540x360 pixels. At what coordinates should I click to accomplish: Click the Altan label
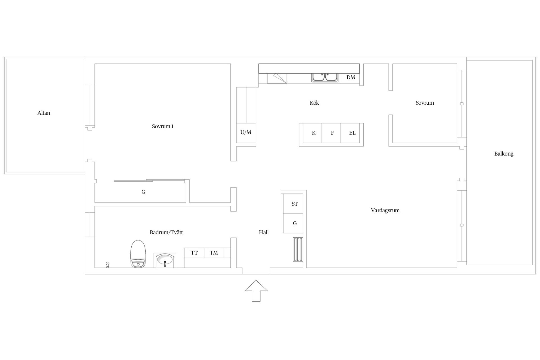(44, 113)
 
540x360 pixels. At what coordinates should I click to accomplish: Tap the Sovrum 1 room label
(163, 126)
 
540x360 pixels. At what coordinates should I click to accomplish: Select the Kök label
(314, 103)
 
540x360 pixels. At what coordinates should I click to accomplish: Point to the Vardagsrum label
(385, 210)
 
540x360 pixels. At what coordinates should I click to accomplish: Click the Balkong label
(504, 154)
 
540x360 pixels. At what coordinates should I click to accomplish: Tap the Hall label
(264, 232)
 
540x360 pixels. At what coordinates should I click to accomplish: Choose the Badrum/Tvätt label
(166, 232)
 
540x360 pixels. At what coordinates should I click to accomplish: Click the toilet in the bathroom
(138, 254)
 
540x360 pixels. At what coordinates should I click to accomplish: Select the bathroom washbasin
(165, 260)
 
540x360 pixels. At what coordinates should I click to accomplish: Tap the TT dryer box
(194, 253)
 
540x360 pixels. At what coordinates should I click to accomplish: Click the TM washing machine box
(214, 253)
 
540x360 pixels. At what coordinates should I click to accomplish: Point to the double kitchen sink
(325, 77)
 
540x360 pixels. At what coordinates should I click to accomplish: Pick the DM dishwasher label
(351, 77)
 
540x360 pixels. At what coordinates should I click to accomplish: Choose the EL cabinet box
(350, 133)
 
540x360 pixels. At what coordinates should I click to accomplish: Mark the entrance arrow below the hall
(256, 291)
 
